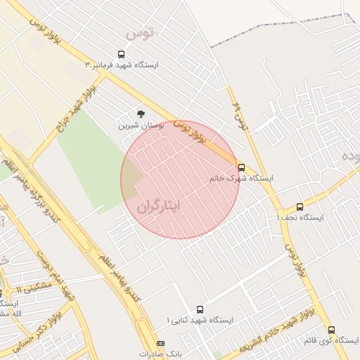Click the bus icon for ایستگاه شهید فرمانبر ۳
(x=122, y=54)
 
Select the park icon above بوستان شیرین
(x=141, y=114)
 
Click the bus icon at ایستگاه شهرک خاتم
(x=242, y=167)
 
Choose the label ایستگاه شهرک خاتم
(x=241, y=179)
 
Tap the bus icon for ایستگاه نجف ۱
(x=300, y=207)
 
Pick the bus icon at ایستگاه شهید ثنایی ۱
(x=200, y=309)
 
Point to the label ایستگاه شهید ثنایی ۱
(x=199, y=320)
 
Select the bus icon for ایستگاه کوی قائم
(x=331, y=329)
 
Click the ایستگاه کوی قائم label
(x=331, y=340)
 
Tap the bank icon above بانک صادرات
(x=160, y=343)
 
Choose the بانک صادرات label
(x=160, y=354)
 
